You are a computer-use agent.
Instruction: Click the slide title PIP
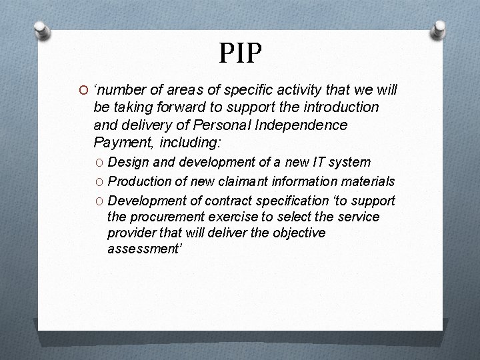240,53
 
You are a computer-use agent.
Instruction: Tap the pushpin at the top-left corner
41,30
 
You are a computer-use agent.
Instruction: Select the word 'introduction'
341,107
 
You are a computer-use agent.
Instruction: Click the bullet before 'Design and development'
99,163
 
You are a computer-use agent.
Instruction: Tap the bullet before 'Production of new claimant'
99,182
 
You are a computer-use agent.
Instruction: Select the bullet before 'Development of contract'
99,201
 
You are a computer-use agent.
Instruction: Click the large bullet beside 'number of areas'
84,91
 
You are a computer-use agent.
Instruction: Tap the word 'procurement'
164,217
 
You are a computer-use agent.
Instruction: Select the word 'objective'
298,233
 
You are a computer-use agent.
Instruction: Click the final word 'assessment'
142,249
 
